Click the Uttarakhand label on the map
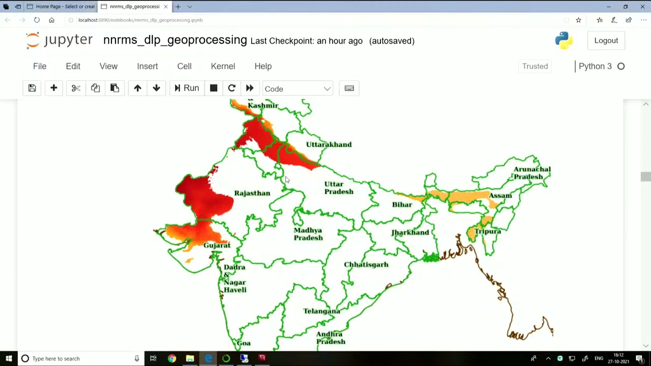(329, 144)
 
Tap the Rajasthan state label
(252, 193)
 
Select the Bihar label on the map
(402, 204)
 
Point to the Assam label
(500, 196)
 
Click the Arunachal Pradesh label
(531, 173)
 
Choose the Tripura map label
(487, 231)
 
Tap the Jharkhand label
(410, 232)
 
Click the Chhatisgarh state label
(366, 264)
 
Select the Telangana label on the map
(321, 311)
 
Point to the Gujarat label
(217, 245)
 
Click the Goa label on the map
(244, 343)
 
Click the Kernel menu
(223, 66)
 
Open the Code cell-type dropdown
(298, 89)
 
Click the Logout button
(606, 41)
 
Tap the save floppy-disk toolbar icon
(32, 88)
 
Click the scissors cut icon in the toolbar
(76, 88)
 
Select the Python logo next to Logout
(564, 41)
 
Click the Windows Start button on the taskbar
(9, 358)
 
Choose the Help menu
(263, 66)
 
